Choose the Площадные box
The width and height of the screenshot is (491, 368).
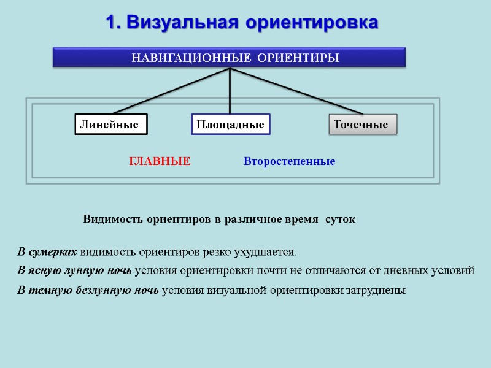click(x=230, y=125)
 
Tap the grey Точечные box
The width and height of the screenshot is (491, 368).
click(x=363, y=125)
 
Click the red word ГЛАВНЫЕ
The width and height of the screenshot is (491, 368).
click(x=160, y=162)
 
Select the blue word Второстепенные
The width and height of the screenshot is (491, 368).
click(x=289, y=162)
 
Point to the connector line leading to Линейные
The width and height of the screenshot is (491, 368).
click(x=166, y=91)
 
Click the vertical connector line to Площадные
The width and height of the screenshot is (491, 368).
click(x=230, y=92)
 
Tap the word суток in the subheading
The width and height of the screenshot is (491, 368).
click(x=340, y=219)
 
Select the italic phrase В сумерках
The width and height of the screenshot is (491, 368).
click(x=47, y=251)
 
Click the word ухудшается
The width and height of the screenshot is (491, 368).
click(x=269, y=251)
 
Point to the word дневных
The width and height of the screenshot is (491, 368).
click(x=406, y=270)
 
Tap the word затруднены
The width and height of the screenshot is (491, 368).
click(x=376, y=290)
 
